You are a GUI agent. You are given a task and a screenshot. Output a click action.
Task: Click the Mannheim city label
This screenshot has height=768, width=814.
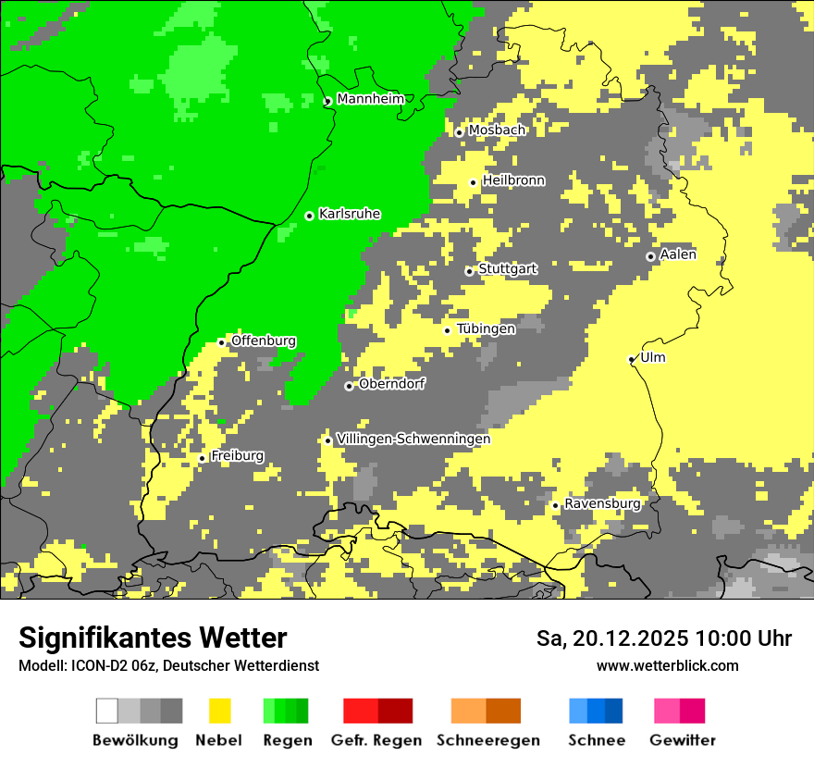click(371, 99)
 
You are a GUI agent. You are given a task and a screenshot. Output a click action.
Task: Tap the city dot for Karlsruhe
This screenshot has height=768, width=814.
click(310, 216)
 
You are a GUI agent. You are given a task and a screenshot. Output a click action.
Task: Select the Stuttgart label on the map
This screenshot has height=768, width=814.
click(508, 269)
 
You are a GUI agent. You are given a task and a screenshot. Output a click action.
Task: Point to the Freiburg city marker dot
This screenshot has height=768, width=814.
click(203, 458)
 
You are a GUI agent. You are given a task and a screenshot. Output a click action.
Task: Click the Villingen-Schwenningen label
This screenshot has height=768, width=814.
click(413, 440)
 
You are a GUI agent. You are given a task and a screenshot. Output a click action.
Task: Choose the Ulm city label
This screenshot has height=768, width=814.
click(653, 358)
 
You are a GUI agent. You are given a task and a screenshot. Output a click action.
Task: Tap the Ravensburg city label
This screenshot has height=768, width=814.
click(602, 503)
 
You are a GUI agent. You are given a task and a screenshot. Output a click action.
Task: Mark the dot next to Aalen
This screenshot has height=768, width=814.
click(650, 256)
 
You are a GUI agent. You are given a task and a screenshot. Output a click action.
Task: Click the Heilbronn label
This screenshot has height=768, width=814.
click(513, 180)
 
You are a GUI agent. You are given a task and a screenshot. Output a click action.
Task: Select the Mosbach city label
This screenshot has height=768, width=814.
click(497, 130)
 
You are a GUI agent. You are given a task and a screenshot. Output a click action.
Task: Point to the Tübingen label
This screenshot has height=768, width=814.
click(486, 328)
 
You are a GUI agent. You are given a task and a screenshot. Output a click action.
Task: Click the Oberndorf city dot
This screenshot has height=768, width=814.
click(349, 386)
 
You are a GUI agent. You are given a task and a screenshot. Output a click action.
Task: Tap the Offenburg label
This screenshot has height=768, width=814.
click(264, 341)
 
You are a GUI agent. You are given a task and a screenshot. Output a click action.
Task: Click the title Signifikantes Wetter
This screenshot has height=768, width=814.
click(153, 638)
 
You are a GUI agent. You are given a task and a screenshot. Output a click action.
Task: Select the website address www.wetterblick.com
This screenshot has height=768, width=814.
click(667, 666)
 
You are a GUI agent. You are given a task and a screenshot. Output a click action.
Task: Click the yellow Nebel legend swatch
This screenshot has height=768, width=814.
click(219, 711)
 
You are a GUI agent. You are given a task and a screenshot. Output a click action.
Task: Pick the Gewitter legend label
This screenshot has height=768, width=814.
click(682, 740)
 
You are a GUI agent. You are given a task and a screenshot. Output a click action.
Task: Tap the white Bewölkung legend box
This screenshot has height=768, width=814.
click(107, 711)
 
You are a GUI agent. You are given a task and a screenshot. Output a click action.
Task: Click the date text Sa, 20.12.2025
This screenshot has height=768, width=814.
click(613, 638)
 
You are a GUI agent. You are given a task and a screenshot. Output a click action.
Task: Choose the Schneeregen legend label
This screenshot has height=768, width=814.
click(487, 740)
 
